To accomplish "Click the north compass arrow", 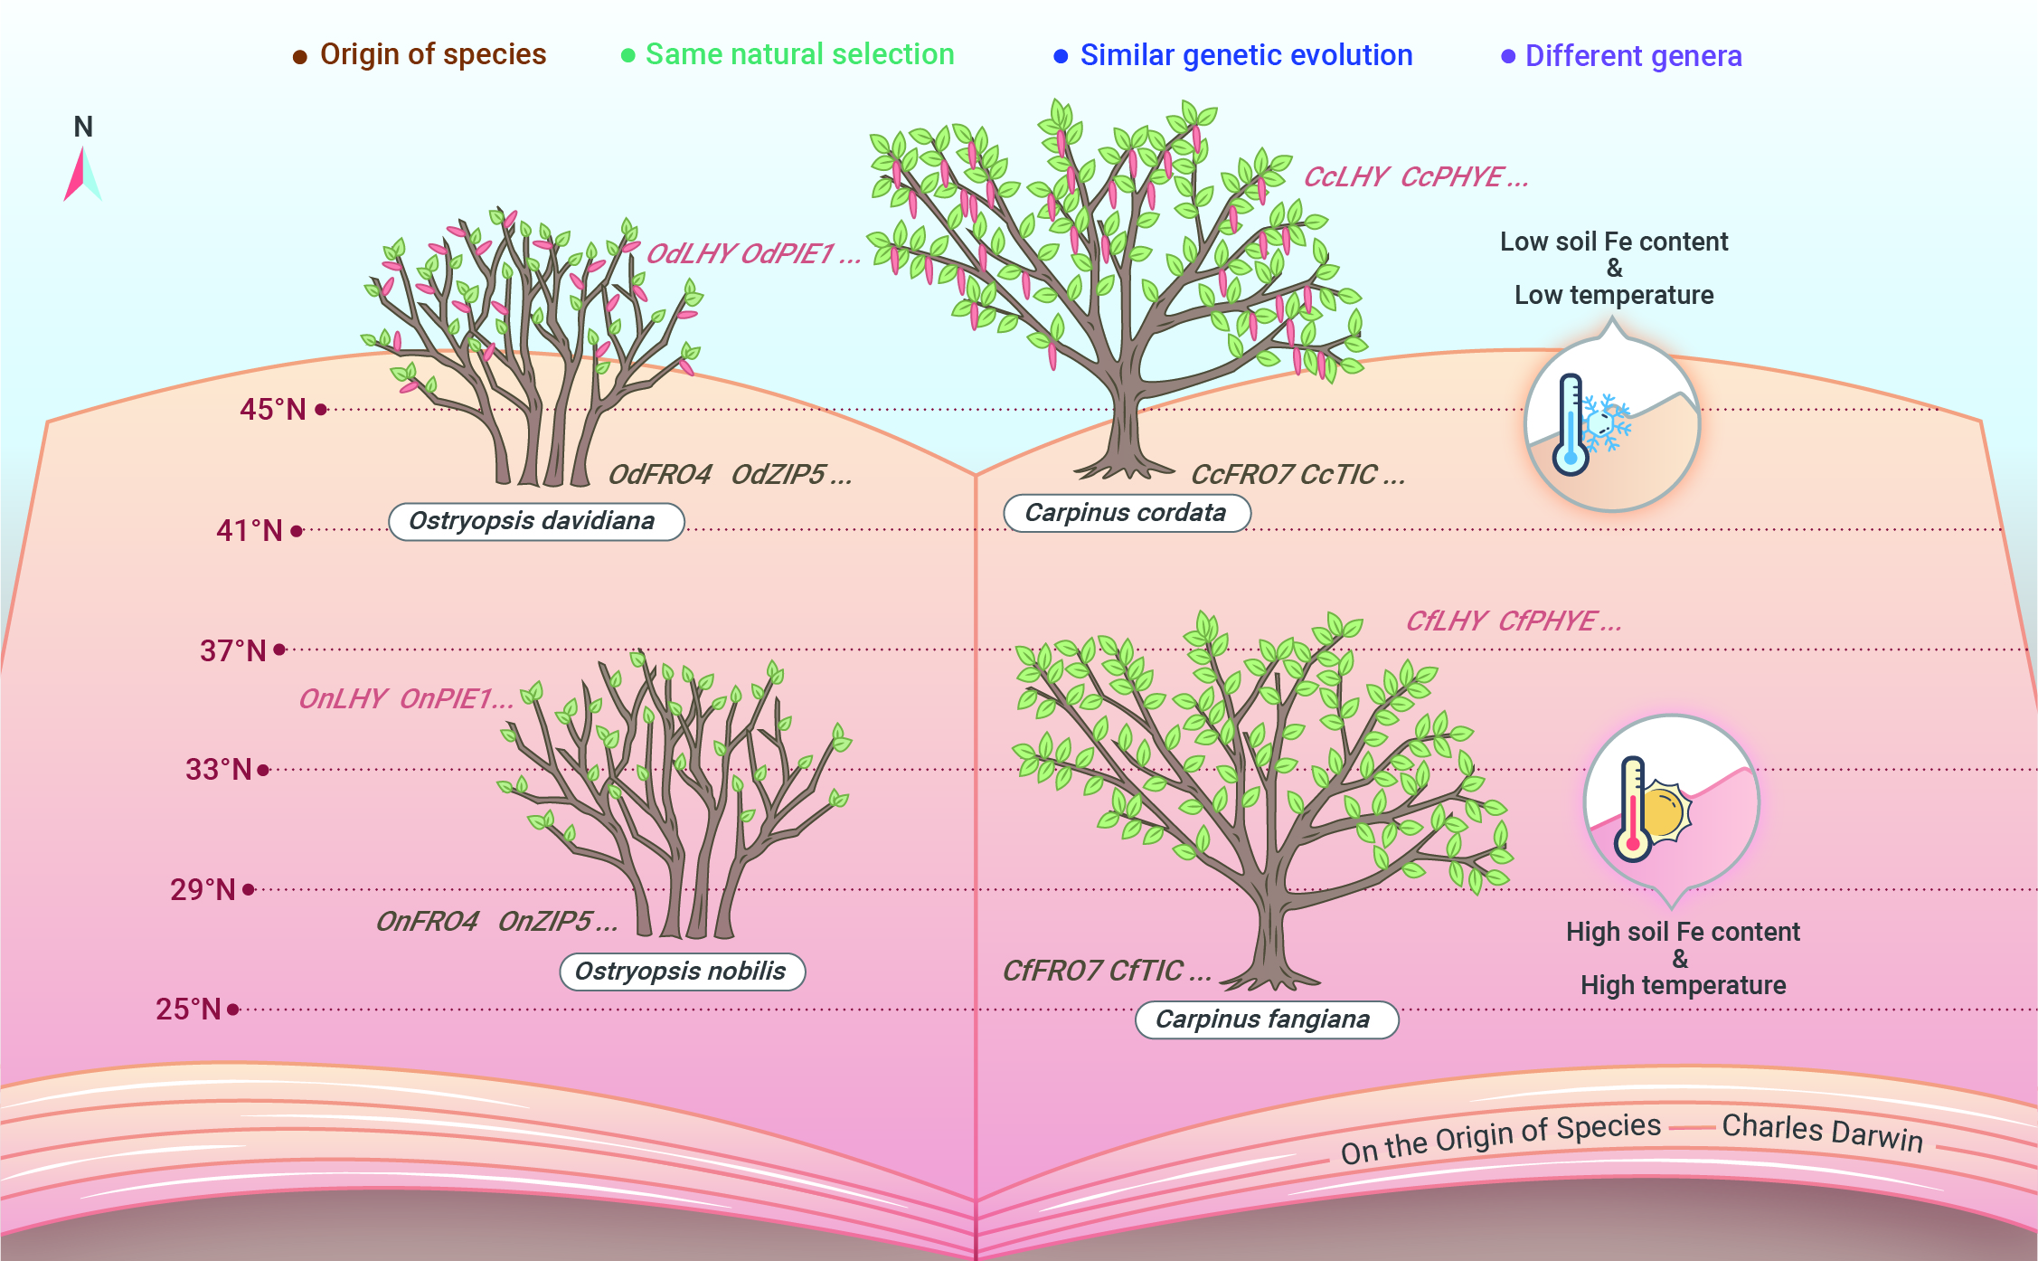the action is (x=82, y=174).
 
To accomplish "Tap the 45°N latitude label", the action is (x=273, y=410).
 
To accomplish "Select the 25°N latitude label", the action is (x=188, y=1009).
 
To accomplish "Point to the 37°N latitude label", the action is (x=233, y=650).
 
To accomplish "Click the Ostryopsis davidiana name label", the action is (x=536, y=522).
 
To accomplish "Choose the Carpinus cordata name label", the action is (x=1127, y=513).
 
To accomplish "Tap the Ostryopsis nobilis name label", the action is (x=682, y=972).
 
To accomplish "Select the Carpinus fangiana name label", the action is (x=1266, y=1019).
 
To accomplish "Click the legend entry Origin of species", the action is (x=420, y=54).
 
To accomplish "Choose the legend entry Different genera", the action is (x=1621, y=56).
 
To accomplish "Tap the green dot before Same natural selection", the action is (x=627, y=55).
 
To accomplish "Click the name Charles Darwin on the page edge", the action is (x=1822, y=1132).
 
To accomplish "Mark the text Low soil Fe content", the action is (x=1614, y=242).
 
